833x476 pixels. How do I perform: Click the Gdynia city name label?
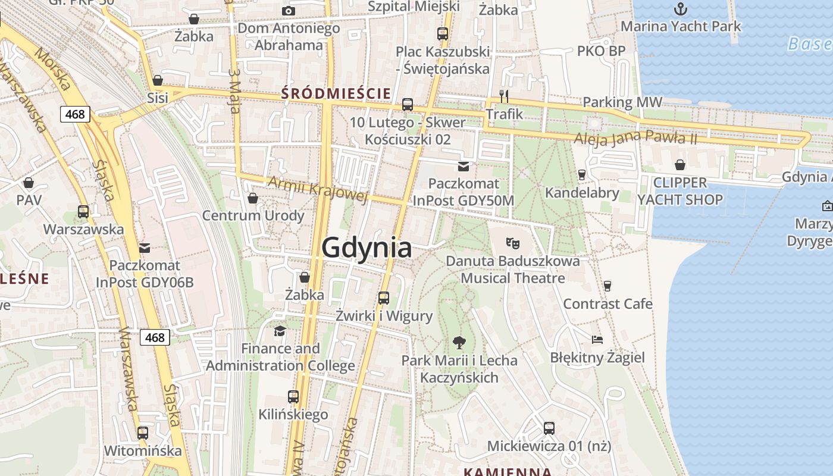pyautogui.click(x=367, y=248)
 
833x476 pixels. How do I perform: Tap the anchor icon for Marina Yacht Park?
pyautogui.click(x=681, y=9)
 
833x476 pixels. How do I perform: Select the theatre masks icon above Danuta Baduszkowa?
pyautogui.click(x=512, y=243)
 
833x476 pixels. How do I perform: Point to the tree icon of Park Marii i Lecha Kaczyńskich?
pyautogui.click(x=459, y=342)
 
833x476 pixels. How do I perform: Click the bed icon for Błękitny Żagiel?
pyautogui.click(x=597, y=339)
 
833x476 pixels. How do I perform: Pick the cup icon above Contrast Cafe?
pyautogui.click(x=607, y=286)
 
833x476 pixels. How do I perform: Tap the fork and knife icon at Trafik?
pyautogui.click(x=504, y=96)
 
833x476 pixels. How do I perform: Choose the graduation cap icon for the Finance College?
pyautogui.click(x=280, y=331)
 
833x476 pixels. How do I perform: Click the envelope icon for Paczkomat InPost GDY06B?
pyautogui.click(x=145, y=248)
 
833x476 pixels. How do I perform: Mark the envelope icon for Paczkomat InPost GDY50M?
pyautogui.click(x=463, y=166)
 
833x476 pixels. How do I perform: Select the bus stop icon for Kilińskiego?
pyautogui.click(x=293, y=396)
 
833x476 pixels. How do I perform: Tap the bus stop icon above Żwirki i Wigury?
pyautogui.click(x=384, y=297)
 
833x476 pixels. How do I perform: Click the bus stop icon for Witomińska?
pyautogui.click(x=143, y=433)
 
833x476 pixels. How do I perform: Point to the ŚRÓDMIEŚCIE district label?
pyautogui.click(x=336, y=93)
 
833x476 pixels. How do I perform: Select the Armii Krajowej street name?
pyautogui.click(x=318, y=189)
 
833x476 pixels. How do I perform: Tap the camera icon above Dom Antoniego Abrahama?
pyautogui.click(x=289, y=11)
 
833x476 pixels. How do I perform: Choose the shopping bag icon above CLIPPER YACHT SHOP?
pyautogui.click(x=680, y=165)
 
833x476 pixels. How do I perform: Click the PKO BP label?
pyautogui.click(x=602, y=51)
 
